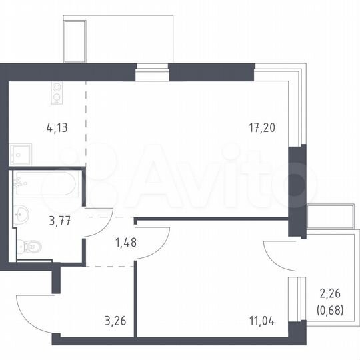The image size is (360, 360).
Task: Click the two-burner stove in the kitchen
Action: [57, 91]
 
